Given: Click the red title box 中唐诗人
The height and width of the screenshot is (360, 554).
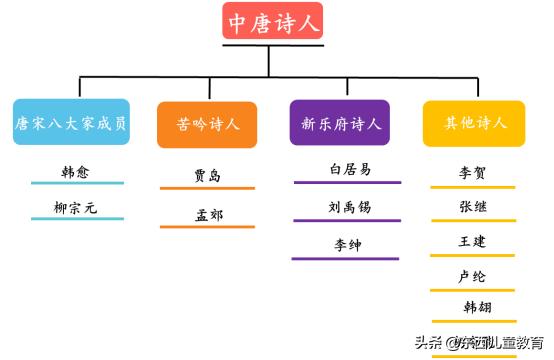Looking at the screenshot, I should point(272,22).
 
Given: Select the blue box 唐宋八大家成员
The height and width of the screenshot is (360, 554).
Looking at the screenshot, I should point(71,123).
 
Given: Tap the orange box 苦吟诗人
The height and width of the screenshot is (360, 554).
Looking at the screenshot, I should point(208,124).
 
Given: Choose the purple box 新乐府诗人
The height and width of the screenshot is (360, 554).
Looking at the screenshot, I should point(340,124).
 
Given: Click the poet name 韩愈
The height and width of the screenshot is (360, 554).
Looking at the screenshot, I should point(76,172).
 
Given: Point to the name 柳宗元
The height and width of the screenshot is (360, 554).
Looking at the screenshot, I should point(76,208).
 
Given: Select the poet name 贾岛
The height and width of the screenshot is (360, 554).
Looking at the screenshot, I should point(208,176).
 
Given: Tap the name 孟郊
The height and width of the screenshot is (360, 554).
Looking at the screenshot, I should point(208,214).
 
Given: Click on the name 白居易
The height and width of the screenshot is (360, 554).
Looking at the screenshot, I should point(348,170).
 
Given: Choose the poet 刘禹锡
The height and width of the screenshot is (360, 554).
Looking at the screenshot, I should point(348,207).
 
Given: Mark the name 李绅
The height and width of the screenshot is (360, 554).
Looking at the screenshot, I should point(348,245).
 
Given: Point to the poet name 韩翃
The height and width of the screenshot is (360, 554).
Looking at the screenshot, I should point(477,307).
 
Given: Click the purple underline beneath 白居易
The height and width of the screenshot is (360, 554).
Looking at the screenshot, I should point(347,183).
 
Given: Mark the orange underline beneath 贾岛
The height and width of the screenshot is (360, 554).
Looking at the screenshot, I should point(207,189).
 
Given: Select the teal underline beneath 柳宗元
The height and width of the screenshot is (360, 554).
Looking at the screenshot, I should point(77,219).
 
